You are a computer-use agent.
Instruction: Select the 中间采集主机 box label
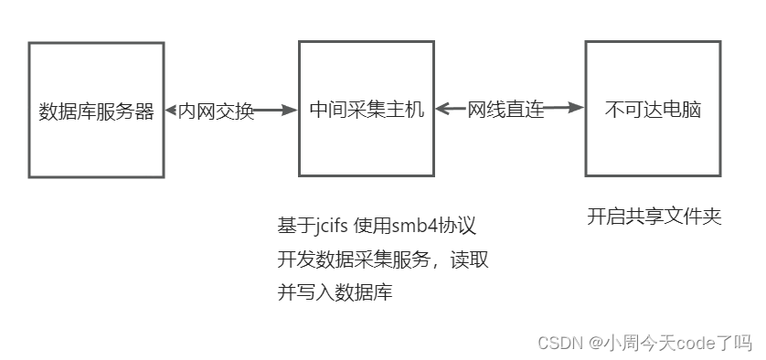coord(367,111)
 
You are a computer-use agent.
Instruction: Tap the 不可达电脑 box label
coord(653,111)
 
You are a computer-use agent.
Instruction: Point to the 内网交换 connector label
coord(216,111)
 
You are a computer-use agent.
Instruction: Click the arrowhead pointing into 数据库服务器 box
coord(171,111)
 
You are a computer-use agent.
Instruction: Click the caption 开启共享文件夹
coord(654,217)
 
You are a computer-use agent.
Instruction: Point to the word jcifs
coord(335,226)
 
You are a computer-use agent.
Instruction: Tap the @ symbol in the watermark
coord(596,343)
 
